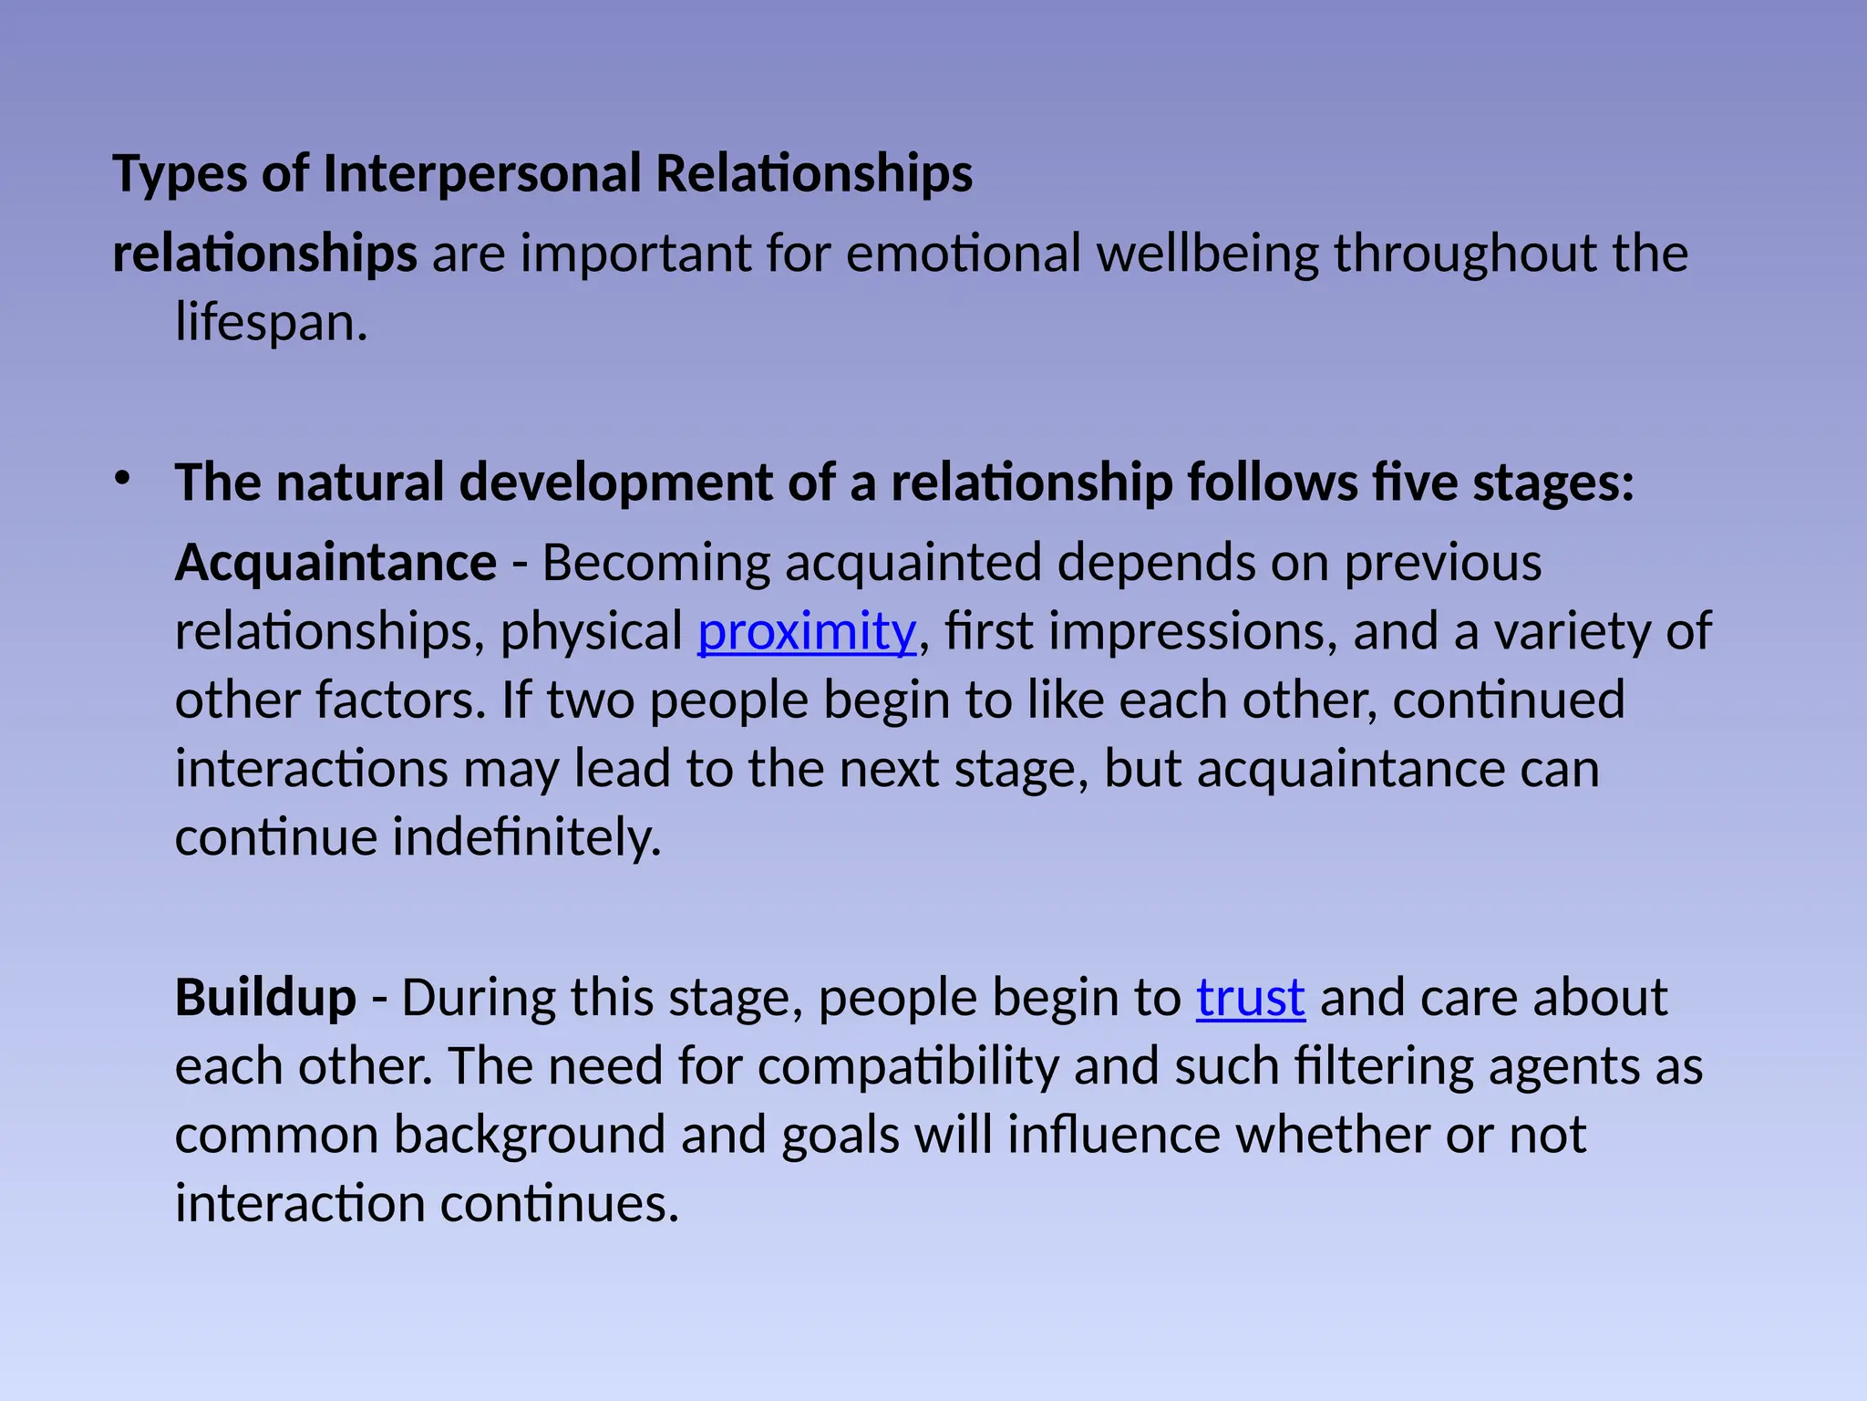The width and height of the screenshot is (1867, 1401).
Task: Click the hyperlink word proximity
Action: (x=806, y=632)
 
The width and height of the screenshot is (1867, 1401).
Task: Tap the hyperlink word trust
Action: (x=1250, y=998)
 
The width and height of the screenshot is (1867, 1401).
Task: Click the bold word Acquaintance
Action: (x=335, y=563)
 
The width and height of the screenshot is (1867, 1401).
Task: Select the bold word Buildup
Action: (x=265, y=998)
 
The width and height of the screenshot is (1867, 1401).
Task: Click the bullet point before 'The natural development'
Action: (x=122, y=477)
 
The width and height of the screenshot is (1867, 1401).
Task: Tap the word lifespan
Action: (x=271, y=324)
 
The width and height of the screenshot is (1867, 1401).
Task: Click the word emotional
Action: (x=964, y=254)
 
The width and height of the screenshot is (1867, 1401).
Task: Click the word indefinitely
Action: (x=526, y=837)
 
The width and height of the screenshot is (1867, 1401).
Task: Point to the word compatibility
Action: (x=908, y=1066)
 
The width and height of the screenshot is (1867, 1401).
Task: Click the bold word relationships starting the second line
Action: (x=264, y=254)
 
